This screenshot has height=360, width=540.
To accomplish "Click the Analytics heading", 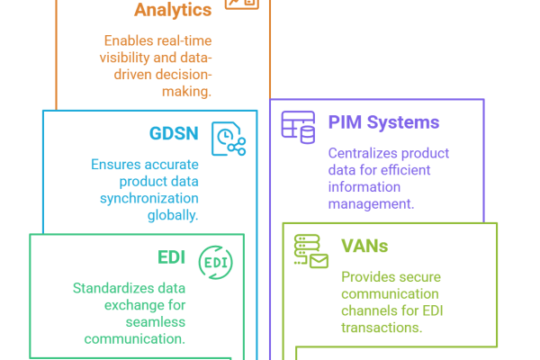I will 173,10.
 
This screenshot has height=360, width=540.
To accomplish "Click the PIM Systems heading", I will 383,122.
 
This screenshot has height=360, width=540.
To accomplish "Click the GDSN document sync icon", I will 228,139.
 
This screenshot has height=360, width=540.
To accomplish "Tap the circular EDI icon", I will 215,261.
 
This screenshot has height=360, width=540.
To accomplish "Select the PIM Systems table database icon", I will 299,127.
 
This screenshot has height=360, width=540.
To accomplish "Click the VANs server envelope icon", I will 311,251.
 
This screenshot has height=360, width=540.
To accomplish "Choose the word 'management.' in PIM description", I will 371,204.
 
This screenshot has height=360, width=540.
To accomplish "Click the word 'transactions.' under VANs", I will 382,328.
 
